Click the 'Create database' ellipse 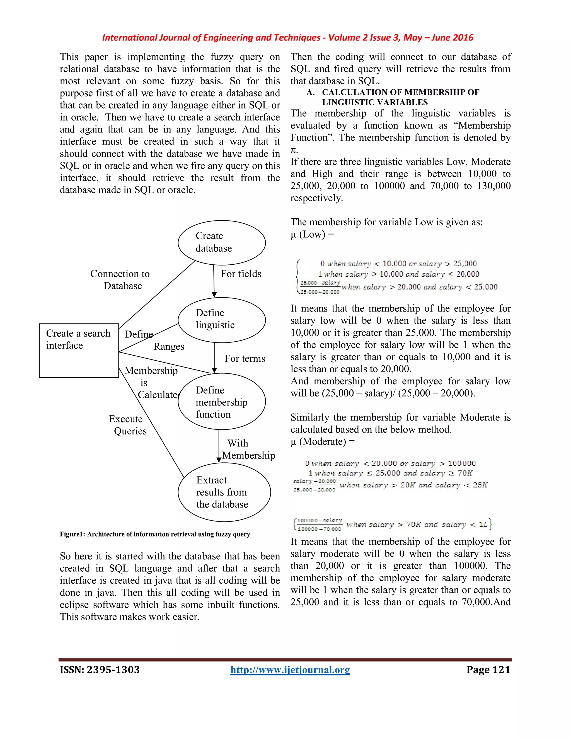pos(222,243)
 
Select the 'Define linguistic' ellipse pos(222,320)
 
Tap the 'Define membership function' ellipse pos(222,402)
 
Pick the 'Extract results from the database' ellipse pos(224,492)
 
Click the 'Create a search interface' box pos(79,350)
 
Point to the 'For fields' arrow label pos(241,274)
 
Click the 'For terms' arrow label pos(245,359)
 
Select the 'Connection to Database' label pos(120,279)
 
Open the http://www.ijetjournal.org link pos(290,670)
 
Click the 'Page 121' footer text pos(488,670)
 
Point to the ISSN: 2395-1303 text pos(100,670)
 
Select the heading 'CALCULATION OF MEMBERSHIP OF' pos(401,92)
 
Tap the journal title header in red pos(287,38)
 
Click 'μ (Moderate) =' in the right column pos(322,441)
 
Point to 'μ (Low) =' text pos(312,234)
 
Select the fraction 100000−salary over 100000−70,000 pos(319,525)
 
